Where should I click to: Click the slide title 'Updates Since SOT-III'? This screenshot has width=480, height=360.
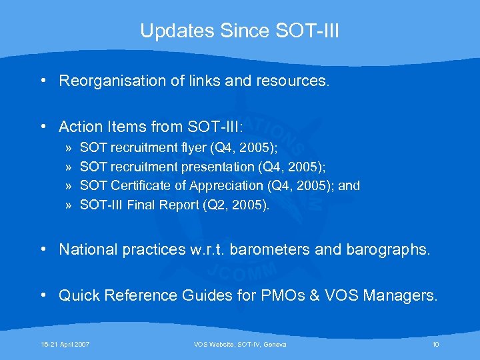point(239,31)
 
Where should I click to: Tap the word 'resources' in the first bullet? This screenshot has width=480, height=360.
point(295,81)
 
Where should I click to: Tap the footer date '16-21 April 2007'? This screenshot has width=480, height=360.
point(65,344)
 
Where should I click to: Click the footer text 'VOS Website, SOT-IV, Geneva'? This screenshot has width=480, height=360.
point(240,344)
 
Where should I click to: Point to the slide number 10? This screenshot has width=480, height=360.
point(435,344)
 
